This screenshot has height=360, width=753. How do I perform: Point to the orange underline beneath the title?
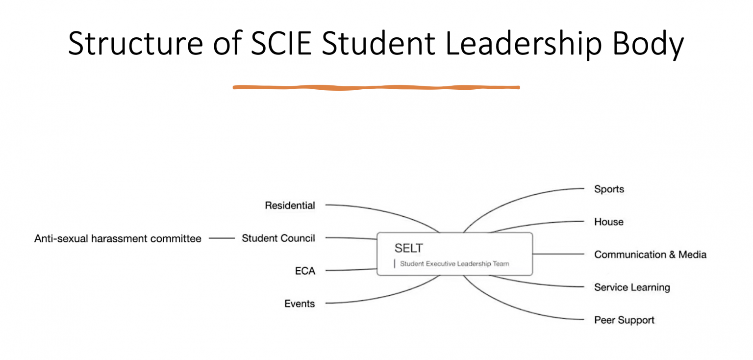click(x=376, y=88)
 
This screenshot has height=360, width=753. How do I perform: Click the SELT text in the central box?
click(x=408, y=248)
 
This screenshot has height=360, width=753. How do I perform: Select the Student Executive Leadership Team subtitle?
click(x=454, y=264)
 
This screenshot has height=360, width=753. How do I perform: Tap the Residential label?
click(x=290, y=206)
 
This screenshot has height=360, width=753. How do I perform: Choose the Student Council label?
click(x=278, y=238)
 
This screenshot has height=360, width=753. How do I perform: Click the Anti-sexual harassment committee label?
click(x=118, y=239)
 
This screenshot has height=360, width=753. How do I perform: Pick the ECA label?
click(x=305, y=271)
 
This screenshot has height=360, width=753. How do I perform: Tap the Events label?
click(x=300, y=304)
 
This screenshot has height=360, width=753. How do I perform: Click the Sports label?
click(x=609, y=189)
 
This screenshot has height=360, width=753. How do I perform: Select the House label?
click(x=608, y=222)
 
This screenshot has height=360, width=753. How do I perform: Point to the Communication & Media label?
click(x=650, y=255)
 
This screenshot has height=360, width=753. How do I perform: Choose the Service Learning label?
click(x=632, y=287)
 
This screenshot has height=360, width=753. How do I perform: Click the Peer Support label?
click(x=624, y=320)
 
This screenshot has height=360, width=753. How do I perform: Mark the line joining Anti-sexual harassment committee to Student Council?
click(x=222, y=238)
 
